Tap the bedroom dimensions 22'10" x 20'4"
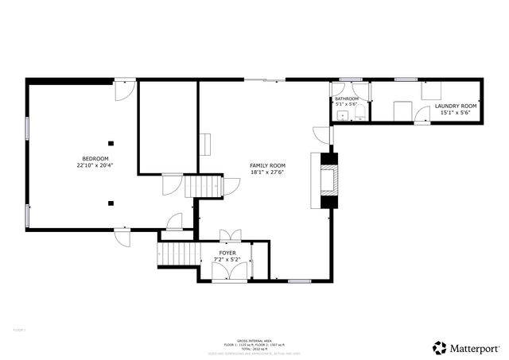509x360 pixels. tap(95, 166)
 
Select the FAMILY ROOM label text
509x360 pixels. tap(267, 165)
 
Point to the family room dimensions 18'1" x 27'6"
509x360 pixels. tap(267, 172)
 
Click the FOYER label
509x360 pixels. tap(227, 253)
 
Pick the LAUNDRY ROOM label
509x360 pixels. tap(456, 106)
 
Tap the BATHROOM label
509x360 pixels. tap(347, 99)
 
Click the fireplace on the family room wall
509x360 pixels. tap(328, 179)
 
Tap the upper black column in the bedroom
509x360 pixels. tap(111, 144)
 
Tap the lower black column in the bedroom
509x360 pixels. tap(111, 202)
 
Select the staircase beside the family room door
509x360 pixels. tap(204, 187)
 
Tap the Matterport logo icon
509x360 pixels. tap(440, 347)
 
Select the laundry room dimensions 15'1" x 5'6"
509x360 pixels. tap(456, 113)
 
